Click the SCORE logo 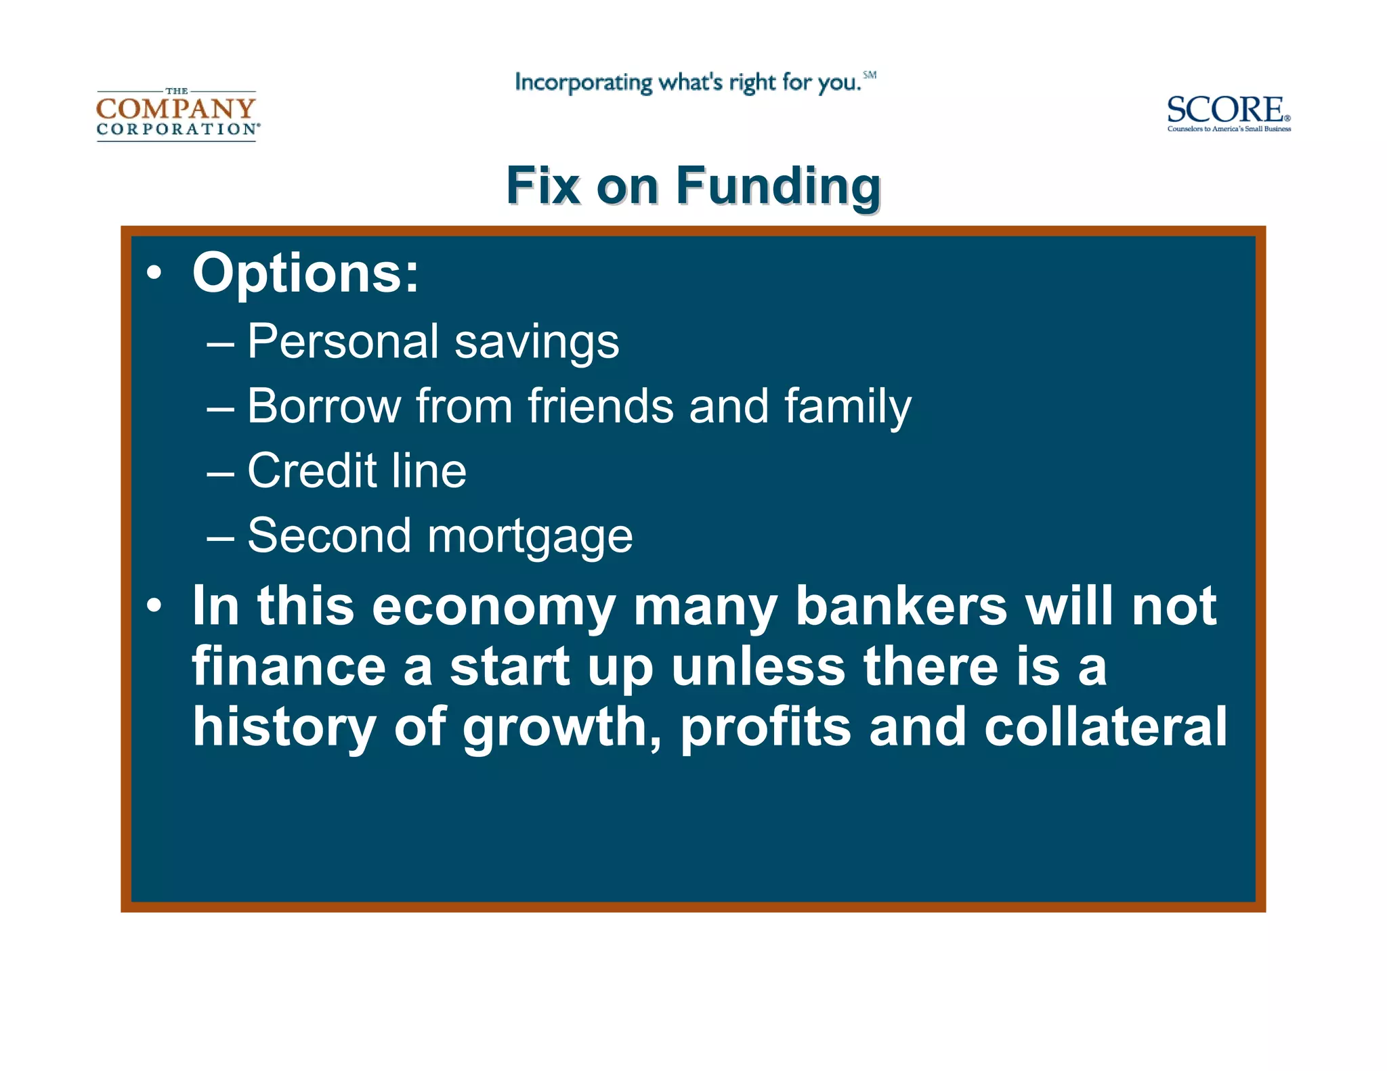pos(1228,113)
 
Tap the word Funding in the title pos(778,186)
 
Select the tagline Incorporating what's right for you pos(687,83)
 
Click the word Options pos(305,274)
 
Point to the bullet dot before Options pos(154,274)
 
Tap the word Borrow pos(323,406)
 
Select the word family pos(847,408)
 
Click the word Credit pos(312,471)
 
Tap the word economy pos(493,608)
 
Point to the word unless pos(759,666)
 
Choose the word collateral pos(1105,726)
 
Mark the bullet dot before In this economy pos(154,605)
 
